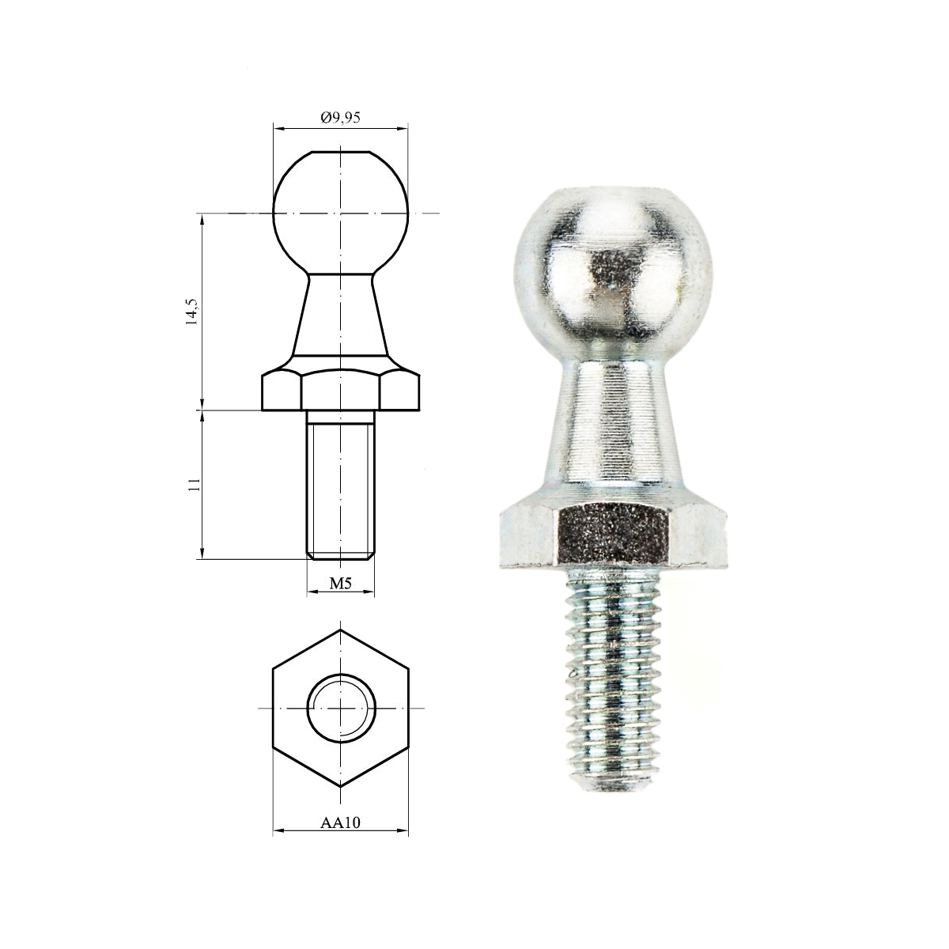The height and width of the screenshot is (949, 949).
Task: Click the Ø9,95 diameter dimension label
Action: (340, 117)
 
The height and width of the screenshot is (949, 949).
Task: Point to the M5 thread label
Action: (340, 584)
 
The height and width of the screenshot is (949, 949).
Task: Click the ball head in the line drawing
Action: (340, 213)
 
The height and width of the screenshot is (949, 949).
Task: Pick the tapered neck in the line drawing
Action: (340, 316)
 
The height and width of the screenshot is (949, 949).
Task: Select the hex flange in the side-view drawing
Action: (340, 389)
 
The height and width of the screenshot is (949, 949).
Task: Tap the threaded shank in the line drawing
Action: (340, 485)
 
